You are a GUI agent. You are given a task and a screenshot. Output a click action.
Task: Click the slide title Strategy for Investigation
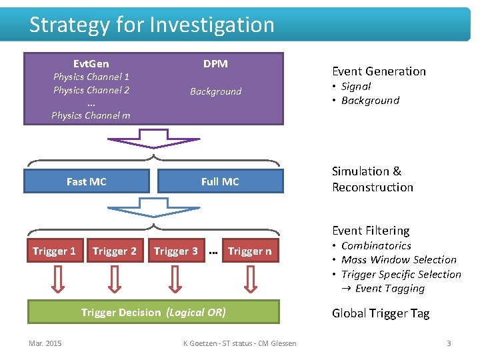coord(152,25)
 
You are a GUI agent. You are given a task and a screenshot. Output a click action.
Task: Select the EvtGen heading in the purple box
coord(91,64)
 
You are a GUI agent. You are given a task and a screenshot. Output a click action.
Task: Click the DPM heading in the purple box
coord(215,64)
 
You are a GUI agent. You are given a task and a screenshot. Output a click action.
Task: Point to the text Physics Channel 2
coord(91,90)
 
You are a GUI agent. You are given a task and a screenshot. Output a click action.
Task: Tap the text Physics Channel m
coord(91,115)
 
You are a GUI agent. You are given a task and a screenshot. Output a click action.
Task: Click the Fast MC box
coord(87,181)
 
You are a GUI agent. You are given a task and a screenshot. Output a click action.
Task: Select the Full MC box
coord(220,181)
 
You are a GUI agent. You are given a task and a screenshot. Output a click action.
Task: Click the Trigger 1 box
coord(54,251)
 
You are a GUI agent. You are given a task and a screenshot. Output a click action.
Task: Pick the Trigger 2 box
coord(115,251)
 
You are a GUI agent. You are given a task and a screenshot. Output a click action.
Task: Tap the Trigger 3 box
coord(176,251)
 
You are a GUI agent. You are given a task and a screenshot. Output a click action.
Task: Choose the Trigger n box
coord(249,251)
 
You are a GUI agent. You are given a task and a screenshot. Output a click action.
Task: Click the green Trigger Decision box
coord(153,312)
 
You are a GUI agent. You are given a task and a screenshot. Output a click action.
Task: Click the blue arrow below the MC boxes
coord(153,208)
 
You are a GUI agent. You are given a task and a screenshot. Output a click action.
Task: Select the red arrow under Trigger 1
coord(54,281)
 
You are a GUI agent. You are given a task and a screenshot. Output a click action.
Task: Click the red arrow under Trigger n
coord(249,281)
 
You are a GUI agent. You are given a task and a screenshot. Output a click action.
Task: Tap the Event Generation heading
coord(379,71)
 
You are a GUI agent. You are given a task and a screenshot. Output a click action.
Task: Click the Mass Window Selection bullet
coord(399,260)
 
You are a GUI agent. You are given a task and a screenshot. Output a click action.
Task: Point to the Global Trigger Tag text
coord(381,313)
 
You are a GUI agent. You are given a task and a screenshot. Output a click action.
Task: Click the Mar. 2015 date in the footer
coord(45,343)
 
